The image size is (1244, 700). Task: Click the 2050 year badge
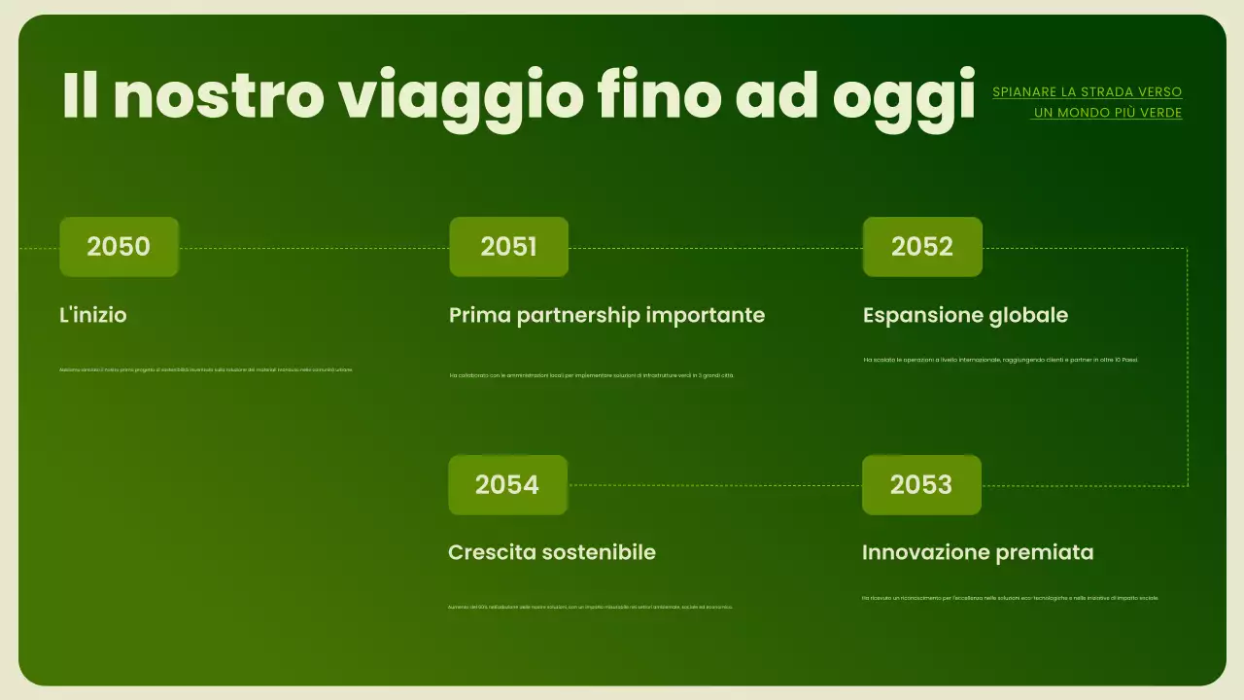pos(119,247)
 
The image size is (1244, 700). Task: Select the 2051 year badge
pos(508,247)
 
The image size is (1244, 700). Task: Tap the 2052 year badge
pos(922,247)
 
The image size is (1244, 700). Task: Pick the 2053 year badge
pos(921,484)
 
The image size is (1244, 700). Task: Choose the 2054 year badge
pos(507,484)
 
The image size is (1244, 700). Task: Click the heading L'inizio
pos(93,315)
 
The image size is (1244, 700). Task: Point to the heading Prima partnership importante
pos(606,315)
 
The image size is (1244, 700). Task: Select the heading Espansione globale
pos(965,315)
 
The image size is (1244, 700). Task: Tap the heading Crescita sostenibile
pos(551,552)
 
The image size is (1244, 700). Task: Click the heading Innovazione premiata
pos(977,552)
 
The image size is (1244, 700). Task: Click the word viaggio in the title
pos(461,95)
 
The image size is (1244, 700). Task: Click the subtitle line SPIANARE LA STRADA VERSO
pos(1087,92)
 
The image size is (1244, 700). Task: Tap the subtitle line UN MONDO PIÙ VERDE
pos(1107,113)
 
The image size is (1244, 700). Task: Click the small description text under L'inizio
pos(205,369)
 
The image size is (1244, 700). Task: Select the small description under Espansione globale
pos(1000,360)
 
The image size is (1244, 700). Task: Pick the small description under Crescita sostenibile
pos(590,607)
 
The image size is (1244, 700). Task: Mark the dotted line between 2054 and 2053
pos(714,484)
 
